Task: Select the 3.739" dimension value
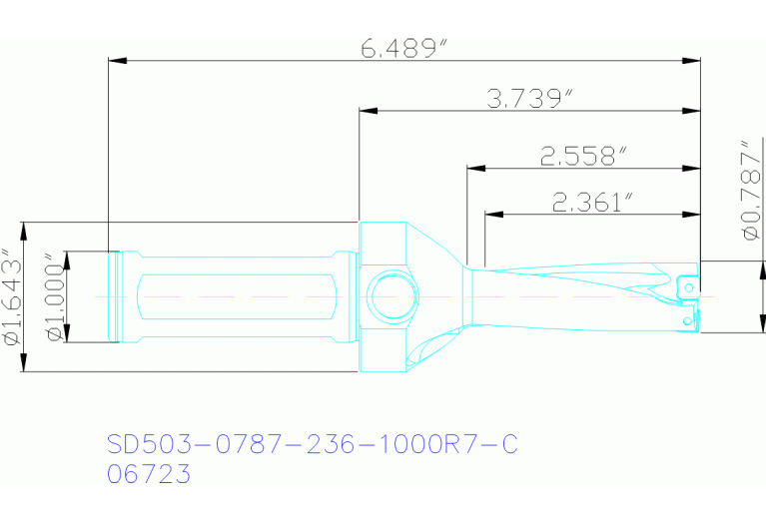click(x=529, y=98)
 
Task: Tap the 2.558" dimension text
click(x=584, y=156)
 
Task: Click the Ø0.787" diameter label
click(x=751, y=190)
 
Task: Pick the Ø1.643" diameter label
click(x=13, y=296)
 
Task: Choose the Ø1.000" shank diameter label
click(x=55, y=296)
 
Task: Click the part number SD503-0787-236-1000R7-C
click(x=312, y=444)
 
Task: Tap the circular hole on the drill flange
click(x=390, y=296)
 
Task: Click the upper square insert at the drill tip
click(x=687, y=286)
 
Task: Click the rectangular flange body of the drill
click(x=383, y=250)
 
